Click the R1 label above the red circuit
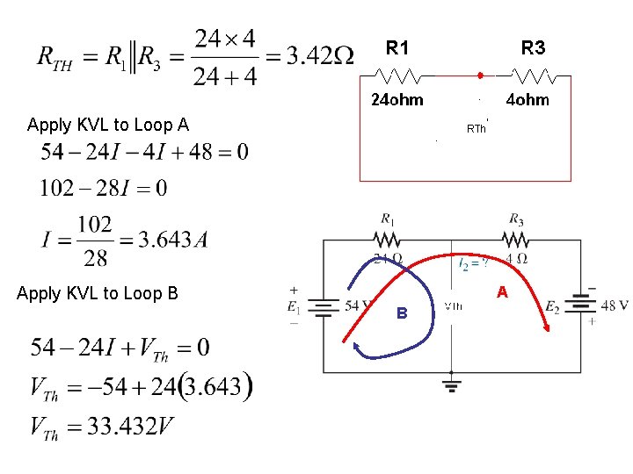397,47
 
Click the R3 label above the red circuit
534,47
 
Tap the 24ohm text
397,100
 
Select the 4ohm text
527,100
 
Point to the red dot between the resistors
480,75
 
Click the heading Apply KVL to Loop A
108,125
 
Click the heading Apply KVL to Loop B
98,293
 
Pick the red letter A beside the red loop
502,291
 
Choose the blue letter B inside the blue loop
401,312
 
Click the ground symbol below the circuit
451,385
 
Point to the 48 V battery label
613,305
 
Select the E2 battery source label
552,307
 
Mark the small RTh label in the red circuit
476,129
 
